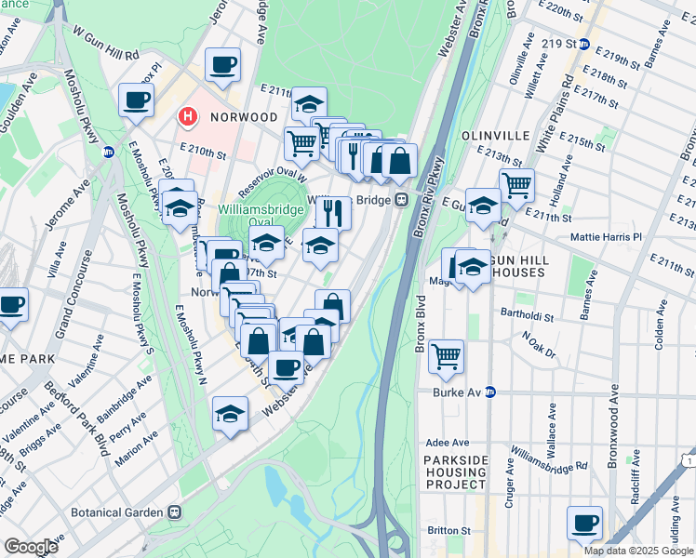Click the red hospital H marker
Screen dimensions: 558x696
coord(187,117)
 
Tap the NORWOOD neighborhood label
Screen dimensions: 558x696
coord(244,117)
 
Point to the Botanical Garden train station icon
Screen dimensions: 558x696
coord(174,511)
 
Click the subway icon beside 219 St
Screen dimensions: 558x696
coord(583,44)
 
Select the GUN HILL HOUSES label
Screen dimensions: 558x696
coord(532,271)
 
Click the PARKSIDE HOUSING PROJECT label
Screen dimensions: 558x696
coord(455,472)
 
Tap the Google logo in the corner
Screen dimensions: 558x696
coord(31,547)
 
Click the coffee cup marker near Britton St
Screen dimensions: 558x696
coord(584,524)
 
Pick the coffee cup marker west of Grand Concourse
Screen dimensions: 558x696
coord(11,304)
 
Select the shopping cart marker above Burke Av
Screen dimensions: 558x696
coord(447,355)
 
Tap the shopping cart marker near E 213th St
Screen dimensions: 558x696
coord(516,184)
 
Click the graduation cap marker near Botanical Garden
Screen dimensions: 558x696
coord(230,415)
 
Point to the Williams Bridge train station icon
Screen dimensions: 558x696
coord(402,199)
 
